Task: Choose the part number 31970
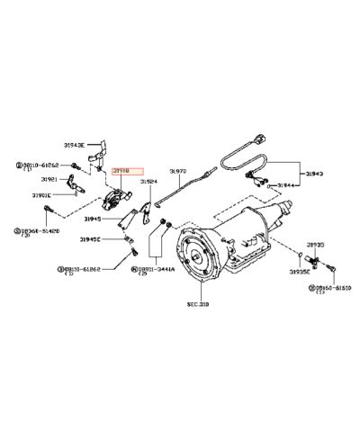click(x=178, y=171)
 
